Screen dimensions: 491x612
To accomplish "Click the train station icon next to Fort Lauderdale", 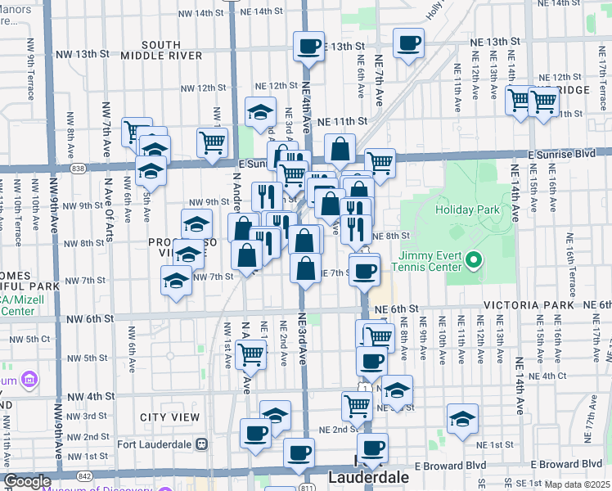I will (x=201, y=444).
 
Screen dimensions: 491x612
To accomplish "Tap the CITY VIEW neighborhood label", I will (x=169, y=417).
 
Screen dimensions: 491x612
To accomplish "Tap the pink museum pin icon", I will (x=30, y=380).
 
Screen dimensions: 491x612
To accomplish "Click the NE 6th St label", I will (x=390, y=309).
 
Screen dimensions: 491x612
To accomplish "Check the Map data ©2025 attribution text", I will (x=576, y=484).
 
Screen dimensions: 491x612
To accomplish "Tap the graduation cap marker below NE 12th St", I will (x=261, y=113).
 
